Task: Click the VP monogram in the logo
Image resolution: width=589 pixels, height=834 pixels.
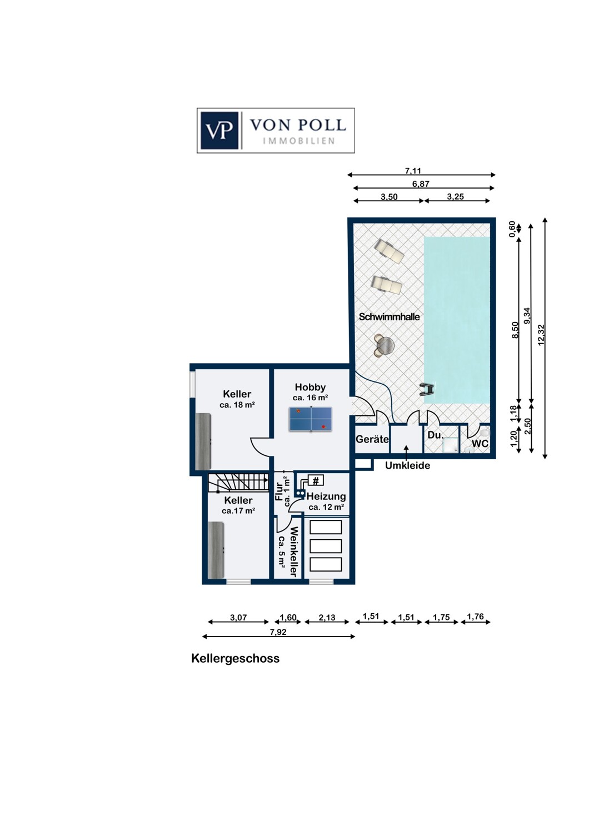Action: [x=219, y=130]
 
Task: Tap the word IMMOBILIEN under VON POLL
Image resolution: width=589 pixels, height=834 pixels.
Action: [x=298, y=141]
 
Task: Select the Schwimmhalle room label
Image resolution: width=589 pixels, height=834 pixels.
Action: [x=389, y=317]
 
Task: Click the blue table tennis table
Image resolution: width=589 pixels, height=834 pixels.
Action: [x=311, y=419]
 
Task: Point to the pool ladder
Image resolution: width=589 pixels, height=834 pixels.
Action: [x=427, y=389]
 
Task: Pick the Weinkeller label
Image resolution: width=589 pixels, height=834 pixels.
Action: [x=294, y=552]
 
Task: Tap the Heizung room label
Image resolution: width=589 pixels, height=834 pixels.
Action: [x=326, y=497]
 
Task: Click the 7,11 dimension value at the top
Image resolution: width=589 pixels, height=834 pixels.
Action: [x=413, y=171]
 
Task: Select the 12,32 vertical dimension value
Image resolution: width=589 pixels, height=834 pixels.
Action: [x=541, y=335]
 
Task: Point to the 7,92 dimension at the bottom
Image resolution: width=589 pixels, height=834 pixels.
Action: [x=278, y=632]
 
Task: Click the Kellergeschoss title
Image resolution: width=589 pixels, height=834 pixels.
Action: [x=235, y=658]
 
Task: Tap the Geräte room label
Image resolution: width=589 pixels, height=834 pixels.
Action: [x=372, y=439]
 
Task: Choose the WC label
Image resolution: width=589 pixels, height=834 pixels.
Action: [x=480, y=444]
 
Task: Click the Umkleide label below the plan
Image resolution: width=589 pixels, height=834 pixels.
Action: [x=407, y=465]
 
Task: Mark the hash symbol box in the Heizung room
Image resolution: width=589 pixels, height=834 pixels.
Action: [x=316, y=481]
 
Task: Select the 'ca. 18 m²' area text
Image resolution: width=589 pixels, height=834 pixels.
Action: [x=237, y=405]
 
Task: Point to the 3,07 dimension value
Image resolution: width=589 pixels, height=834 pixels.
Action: [x=238, y=618]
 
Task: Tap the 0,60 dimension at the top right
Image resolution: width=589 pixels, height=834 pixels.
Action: [x=513, y=229]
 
